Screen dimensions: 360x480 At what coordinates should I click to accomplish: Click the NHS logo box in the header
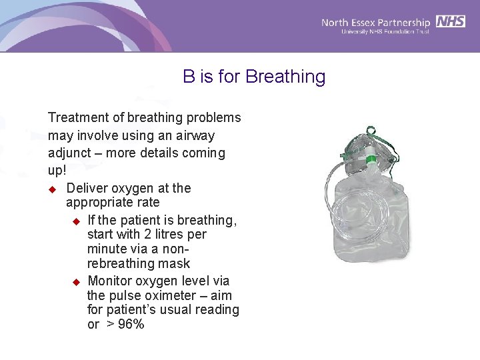coord(451,21)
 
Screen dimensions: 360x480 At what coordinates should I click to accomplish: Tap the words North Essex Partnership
coord(376,22)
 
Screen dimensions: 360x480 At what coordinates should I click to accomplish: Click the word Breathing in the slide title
coord(285,77)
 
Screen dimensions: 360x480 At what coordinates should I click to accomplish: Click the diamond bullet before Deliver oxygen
coord(53,189)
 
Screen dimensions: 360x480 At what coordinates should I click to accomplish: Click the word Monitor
coord(111,281)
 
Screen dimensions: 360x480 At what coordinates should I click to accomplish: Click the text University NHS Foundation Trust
coord(385,31)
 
